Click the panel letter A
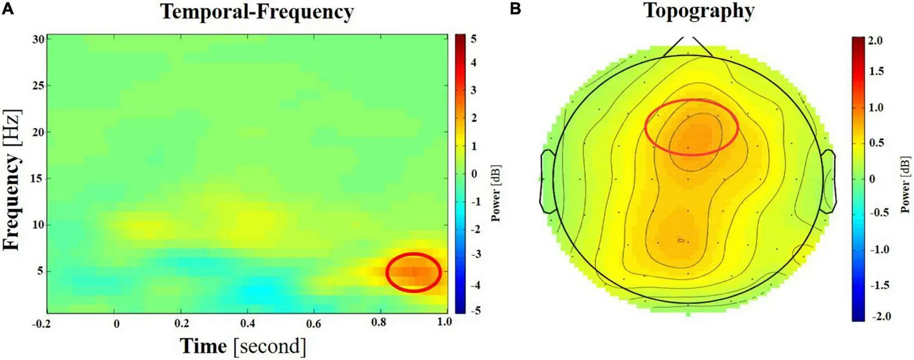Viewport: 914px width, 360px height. [8, 9]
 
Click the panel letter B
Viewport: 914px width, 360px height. [515, 9]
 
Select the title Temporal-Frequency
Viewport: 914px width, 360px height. [257, 11]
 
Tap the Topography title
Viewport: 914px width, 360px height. [699, 11]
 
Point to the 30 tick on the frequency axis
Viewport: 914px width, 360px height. [38, 39]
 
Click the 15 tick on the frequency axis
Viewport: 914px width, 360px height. [38, 178]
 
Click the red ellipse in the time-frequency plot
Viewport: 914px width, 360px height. [414, 272]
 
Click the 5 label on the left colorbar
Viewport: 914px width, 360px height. [473, 39]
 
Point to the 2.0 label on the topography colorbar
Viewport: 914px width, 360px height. [875, 41]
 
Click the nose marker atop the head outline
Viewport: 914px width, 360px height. [688, 45]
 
